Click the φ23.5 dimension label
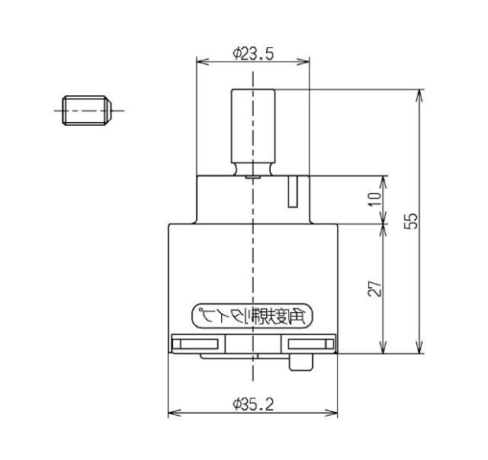click(253, 54)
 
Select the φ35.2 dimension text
click(253, 404)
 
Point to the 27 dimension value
click(374, 288)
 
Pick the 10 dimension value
click(374, 199)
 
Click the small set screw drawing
click(87, 111)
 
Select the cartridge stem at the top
click(253, 126)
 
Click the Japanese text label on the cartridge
click(252, 316)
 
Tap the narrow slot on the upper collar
click(293, 191)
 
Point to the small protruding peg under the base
click(301, 362)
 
